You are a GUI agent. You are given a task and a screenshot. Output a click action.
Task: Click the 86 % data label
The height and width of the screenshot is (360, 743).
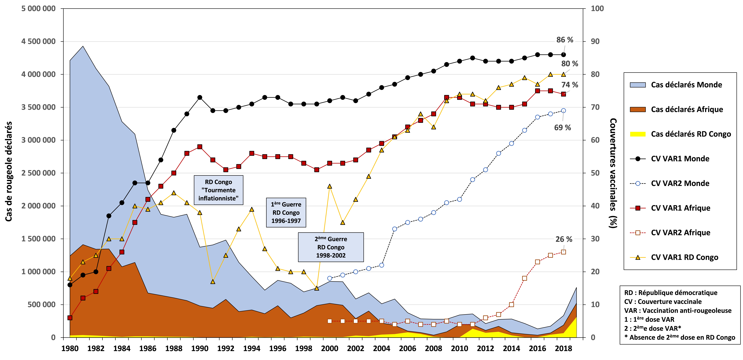564,40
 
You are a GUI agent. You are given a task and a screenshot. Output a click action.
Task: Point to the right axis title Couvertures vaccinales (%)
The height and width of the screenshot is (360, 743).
613,173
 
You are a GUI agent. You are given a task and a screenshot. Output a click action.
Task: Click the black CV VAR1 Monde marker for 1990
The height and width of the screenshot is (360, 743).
200,97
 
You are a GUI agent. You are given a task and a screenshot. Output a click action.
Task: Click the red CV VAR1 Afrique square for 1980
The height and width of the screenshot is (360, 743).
70,318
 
